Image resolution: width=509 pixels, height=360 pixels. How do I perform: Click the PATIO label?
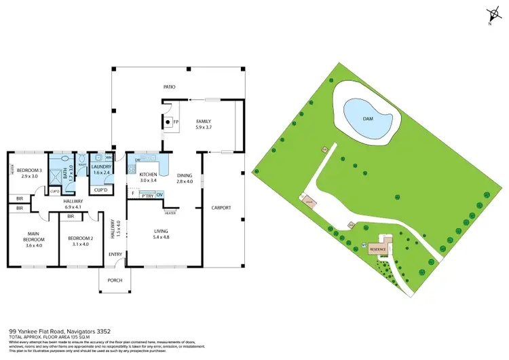click(170, 87)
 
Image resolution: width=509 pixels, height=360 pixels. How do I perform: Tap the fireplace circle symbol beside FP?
click(167, 123)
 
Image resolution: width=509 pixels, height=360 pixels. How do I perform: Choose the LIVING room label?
click(164, 234)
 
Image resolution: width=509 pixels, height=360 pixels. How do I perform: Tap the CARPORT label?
click(222, 207)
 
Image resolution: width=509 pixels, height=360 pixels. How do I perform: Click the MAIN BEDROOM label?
click(33, 238)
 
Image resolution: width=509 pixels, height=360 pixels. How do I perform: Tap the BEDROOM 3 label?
click(30, 173)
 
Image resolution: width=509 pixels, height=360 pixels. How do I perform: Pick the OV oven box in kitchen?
click(160, 195)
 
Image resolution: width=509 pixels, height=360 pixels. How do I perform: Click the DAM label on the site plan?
click(368, 118)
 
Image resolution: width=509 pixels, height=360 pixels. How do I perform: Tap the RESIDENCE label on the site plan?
click(377, 249)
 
